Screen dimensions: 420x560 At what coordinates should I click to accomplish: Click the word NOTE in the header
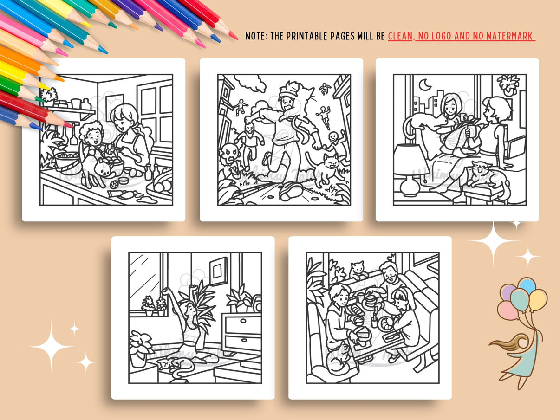[256, 36]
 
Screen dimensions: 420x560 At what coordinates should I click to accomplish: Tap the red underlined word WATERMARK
[513, 36]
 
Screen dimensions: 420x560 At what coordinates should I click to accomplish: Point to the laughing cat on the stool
[483, 174]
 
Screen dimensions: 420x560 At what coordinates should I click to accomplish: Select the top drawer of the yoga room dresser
[242, 324]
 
